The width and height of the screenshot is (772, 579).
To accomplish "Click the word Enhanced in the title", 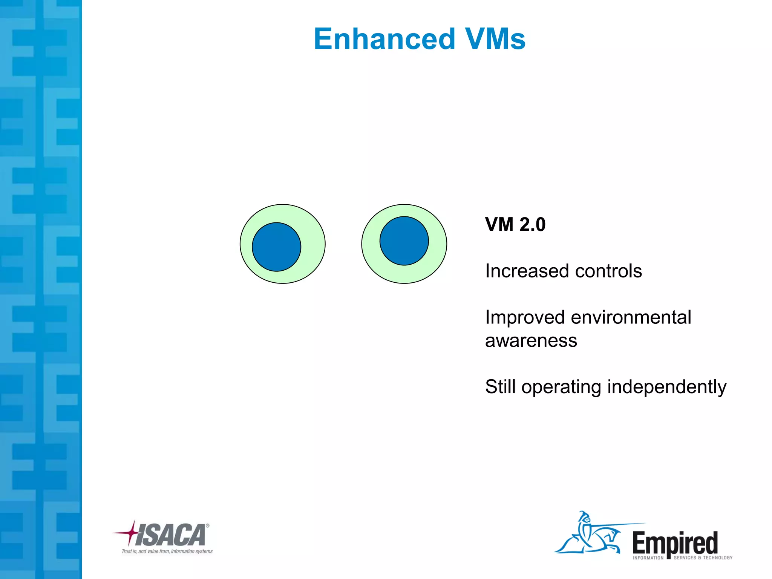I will [384, 39].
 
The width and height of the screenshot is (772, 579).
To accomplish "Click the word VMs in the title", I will [495, 39].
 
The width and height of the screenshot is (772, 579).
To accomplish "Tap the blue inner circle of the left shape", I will [276, 247].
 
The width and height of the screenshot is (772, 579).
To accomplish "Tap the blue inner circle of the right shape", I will [404, 241].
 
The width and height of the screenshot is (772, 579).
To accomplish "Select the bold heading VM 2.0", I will [515, 225].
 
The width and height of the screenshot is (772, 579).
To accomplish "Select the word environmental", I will [631, 317].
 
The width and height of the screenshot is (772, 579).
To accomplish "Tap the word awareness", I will [531, 341].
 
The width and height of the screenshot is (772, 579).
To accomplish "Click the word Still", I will [500, 387].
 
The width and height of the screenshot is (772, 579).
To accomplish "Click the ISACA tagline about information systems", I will [167, 551].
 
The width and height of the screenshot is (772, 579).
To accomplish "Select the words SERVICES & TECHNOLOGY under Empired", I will [703, 558].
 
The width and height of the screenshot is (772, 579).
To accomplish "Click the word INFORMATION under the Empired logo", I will [648, 558].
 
